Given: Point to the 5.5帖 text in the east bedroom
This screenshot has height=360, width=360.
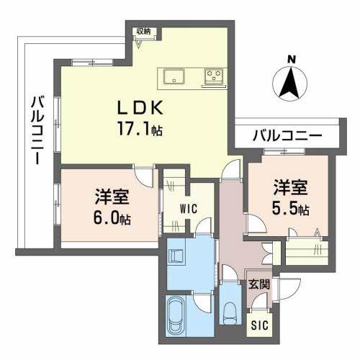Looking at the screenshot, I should click(x=291, y=210).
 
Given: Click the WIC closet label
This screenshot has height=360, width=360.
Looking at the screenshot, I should click(x=189, y=210).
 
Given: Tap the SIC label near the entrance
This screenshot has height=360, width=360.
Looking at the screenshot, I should click(x=259, y=325).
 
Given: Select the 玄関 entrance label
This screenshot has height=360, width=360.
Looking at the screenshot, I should click(x=260, y=284).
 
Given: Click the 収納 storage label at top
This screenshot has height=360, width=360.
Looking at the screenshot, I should click(x=144, y=31).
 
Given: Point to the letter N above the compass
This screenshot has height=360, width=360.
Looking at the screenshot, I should click(x=291, y=58).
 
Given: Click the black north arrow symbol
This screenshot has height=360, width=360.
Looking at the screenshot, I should click(x=290, y=84).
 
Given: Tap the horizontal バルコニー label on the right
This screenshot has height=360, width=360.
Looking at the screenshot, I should click(x=287, y=135).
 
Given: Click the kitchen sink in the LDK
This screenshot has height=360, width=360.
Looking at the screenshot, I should click(x=175, y=76).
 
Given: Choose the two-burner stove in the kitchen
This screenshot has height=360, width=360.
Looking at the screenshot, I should click(x=214, y=76).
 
